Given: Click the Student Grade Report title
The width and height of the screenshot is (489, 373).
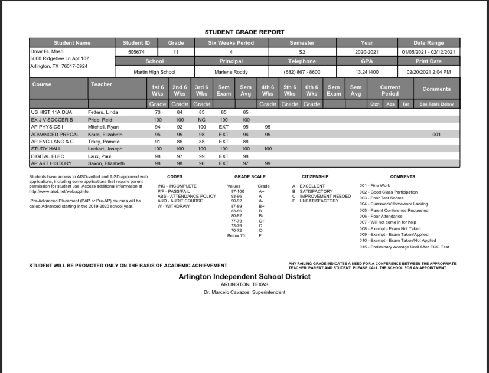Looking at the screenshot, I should [x=244, y=32].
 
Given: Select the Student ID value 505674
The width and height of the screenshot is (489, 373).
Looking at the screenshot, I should [x=136, y=52].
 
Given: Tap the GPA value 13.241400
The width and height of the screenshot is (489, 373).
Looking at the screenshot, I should [x=366, y=72].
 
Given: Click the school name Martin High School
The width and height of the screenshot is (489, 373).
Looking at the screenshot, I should [x=154, y=72].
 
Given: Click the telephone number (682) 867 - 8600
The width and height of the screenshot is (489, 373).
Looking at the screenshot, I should [x=301, y=72].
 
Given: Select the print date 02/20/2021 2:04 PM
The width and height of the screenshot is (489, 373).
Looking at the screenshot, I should [x=429, y=72].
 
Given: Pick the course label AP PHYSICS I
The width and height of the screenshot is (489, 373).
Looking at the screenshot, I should [x=48, y=127].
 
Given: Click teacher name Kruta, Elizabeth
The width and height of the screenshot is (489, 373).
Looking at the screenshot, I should [x=107, y=134].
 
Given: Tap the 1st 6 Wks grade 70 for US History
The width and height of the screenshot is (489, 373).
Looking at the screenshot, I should [x=158, y=112].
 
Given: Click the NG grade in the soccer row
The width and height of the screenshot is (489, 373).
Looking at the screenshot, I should [x=201, y=119].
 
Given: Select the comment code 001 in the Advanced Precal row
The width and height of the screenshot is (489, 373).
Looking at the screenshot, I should [x=436, y=134].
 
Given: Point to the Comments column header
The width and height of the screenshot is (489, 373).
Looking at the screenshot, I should [x=437, y=89].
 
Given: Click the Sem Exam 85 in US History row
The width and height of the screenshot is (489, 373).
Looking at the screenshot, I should [x=223, y=112].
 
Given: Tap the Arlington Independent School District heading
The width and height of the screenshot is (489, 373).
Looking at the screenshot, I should [x=244, y=276].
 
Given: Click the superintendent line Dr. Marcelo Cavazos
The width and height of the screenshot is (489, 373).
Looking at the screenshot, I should [x=244, y=292].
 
